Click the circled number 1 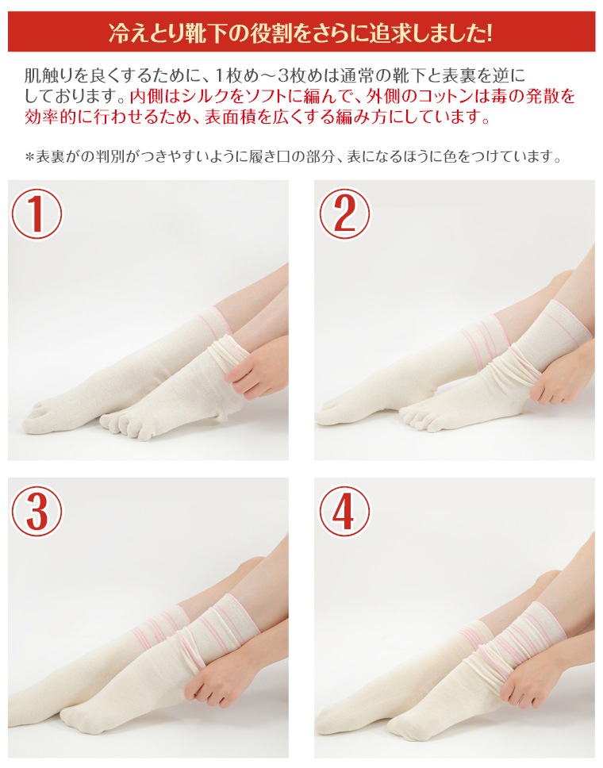coord(36,213)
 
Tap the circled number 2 coord(344,213)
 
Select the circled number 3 coord(36,511)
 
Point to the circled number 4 coord(344,511)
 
